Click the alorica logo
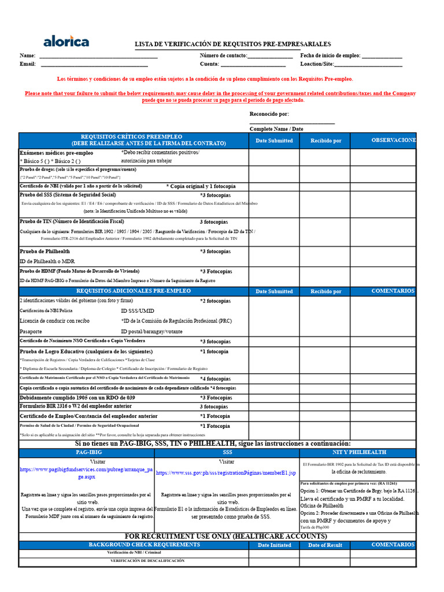coord(66,41)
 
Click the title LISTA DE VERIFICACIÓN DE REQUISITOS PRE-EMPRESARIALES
coord(232,44)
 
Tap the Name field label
coord(28,55)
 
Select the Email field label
coord(28,64)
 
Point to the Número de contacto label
coord(223,55)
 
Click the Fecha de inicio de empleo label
coord(330,55)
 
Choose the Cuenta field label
coord(209,64)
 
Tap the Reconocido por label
coord(269,114)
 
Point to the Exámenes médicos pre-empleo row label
coord(56,153)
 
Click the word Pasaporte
coord(31,332)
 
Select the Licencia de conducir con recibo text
coord(54,321)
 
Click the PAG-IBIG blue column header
coord(90,452)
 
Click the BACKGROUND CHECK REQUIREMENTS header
coord(136,545)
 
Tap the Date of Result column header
coord(325,545)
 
